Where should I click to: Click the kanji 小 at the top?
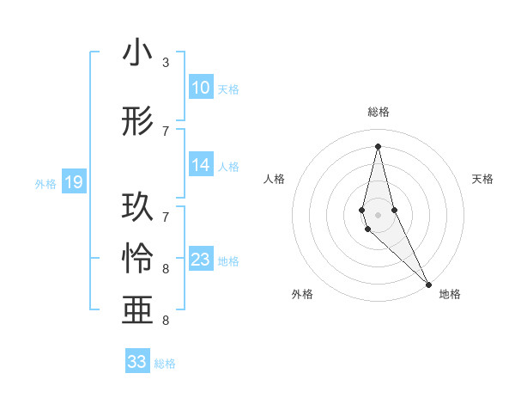click(137, 53)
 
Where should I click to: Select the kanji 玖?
click(137, 208)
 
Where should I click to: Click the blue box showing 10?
click(201, 88)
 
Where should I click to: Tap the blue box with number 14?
click(201, 166)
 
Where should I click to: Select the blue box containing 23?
click(201, 260)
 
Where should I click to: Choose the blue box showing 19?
click(74, 182)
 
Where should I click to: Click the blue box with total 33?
click(137, 362)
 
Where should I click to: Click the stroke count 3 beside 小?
click(166, 63)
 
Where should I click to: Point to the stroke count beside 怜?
click(166, 269)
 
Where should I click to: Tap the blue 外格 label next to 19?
click(45, 183)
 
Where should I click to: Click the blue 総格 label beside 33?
click(165, 364)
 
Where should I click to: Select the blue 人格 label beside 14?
click(228, 167)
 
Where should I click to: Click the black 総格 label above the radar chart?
click(379, 112)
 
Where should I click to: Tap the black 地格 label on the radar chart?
click(450, 294)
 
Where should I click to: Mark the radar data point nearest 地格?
click(429, 284)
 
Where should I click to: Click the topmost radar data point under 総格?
click(378, 146)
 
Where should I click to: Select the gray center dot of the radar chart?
click(378, 214)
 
